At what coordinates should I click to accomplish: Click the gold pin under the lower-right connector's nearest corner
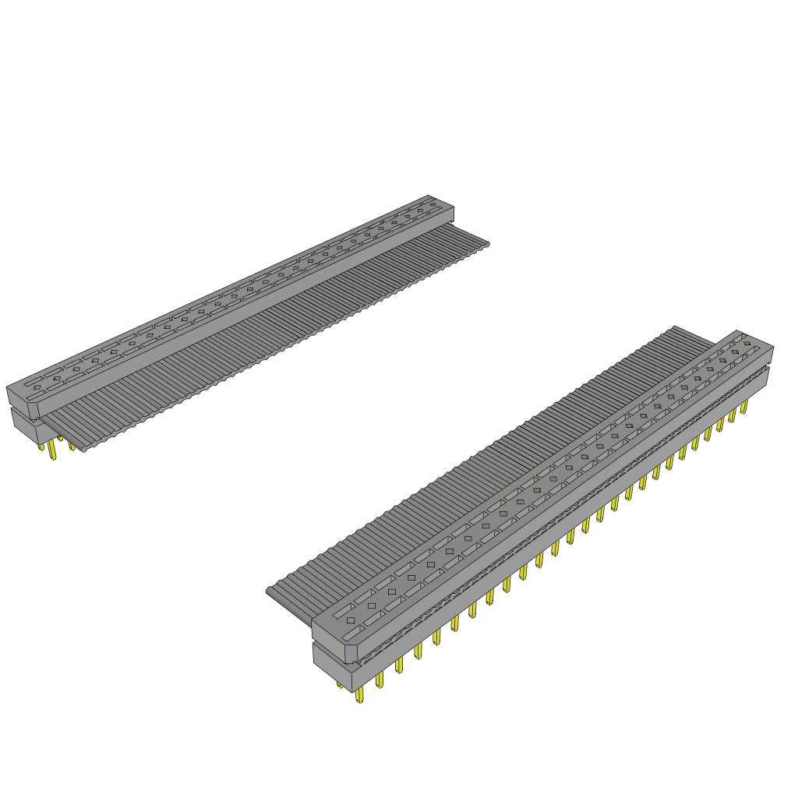pyautogui.click(x=360, y=694)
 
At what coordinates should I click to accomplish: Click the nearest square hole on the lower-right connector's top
pyautogui.click(x=351, y=620)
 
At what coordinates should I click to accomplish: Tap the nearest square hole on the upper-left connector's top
pyautogui.click(x=37, y=387)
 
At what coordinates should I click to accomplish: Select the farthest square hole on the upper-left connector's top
pyautogui.click(x=433, y=204)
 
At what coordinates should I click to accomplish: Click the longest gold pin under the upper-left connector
pyautogui.click(x=52, y=450)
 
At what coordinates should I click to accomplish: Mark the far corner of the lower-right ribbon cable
pyautogui.click(x=675, y=328)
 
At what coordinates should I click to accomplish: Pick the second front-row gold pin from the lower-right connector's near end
pyautogui.click(x=380, y=680)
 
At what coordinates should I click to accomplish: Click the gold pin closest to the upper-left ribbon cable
pyautogui.click(x=72, y=447)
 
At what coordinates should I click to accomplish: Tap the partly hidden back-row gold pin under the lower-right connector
pyautogui.click(x=340, y=685)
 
